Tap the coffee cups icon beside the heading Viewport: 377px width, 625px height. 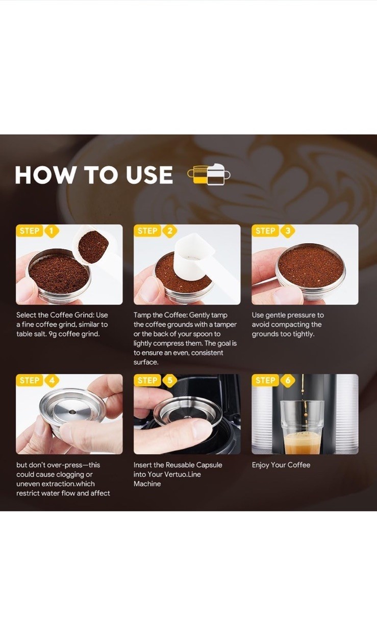click(209, 174)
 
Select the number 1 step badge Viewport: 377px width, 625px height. click(51, 231)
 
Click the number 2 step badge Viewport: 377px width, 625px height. click(170, 231)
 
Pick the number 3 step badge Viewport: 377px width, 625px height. click(288, 231)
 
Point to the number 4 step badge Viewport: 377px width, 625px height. click(52, 380)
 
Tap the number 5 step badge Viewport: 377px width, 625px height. click(170, 380)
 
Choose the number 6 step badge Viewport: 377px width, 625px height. click(288, 380)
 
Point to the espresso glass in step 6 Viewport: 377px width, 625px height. click(302, 427)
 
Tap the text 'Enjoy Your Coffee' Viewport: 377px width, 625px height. click(281, 465)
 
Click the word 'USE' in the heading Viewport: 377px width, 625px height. click(149, 175)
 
